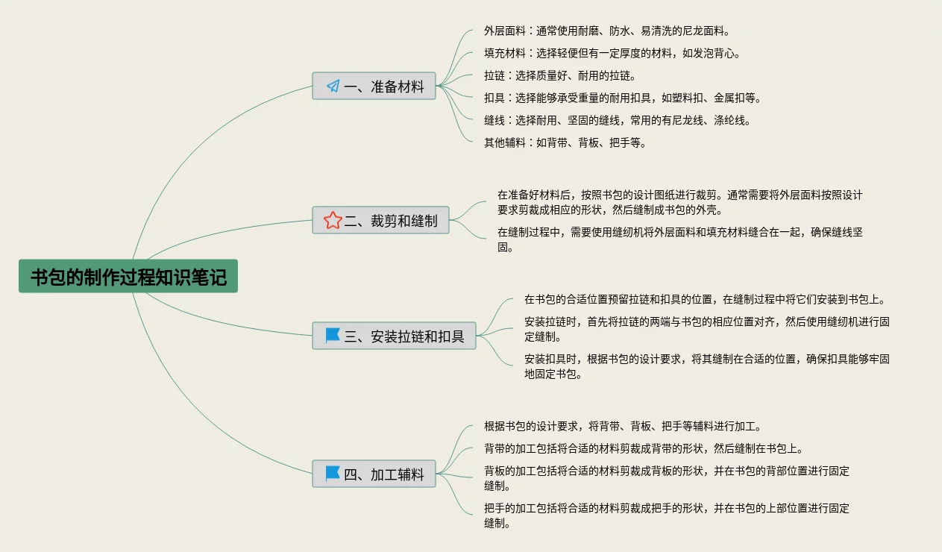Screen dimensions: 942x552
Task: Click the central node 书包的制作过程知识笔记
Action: pyautogui.click(x=128, y=276)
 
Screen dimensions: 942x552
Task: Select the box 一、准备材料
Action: pyautogui.click(x=374, y=87)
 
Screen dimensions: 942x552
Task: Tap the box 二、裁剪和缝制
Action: pyautogui.click(x=380, y=220)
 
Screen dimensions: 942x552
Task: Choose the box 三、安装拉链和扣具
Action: pyautogui.click(x=394, y=336)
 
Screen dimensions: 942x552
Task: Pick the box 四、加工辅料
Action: pyautogui.click(x=374, y=474)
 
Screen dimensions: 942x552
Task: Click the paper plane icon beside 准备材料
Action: pyautogui.click(x=333, y=87)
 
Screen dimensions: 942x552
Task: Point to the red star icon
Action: pyautogui.click(x=333, y=220)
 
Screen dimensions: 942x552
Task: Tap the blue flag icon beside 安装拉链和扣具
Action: pyautogui.click(x=333, y=336)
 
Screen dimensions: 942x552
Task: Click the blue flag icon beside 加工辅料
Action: pyautogui.click(x=333, y=474)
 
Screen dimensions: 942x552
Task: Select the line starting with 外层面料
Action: pyautogui.click(x=606, y=31)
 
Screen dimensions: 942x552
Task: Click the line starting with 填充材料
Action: pyautogui.click(x=612, y=54)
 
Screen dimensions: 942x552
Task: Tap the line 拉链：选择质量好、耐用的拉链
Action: pyautogui.click(x=559, y=76)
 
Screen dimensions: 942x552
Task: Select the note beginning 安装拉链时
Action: pyautogui.click(x=706, y=330)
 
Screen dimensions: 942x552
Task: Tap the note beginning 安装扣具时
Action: pyautogui.click(x=706, y=367)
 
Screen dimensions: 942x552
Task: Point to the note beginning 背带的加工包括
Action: pyautogui.click(x=643, y=449)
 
